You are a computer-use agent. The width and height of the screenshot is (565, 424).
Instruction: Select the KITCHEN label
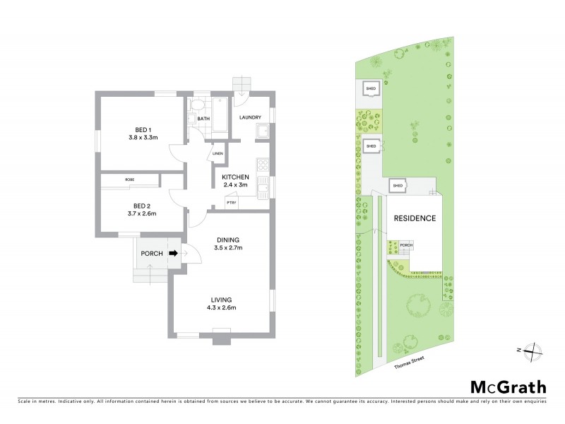pos(235,177)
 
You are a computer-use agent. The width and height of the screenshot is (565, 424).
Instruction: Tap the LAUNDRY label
pos(250,117)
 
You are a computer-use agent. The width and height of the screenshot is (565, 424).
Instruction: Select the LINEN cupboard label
pos(218,153)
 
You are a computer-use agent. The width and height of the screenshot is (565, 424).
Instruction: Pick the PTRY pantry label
pos(231,203)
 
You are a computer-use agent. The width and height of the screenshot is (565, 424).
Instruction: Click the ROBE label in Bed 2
pos(130,180)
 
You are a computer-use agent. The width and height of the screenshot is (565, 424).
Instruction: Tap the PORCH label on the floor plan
pos(152,254)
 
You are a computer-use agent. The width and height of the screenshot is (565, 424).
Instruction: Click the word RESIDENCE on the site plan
pos(415,218)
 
